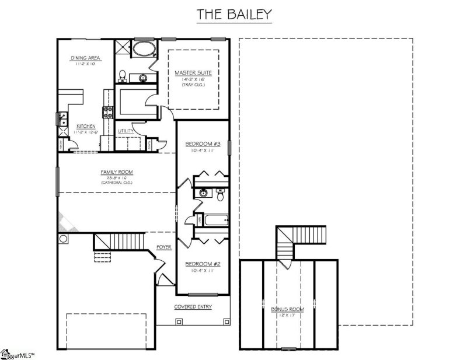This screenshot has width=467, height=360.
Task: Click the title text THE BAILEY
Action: pyautogui.click(x=233, y=15)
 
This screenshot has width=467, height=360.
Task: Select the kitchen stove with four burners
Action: pyautogui.click(x=108, y=111)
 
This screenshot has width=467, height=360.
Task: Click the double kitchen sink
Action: pyautogui.click(x=61, y=118)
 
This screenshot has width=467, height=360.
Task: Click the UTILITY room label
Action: pyautogui.click(x=126, y=131)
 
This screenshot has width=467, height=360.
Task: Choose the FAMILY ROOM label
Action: pyautogui.click(x=117, y=172)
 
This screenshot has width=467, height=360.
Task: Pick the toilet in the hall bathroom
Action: pyautogui.click(x=221, y=196)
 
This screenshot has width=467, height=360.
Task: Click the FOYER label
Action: pyautogui.click(x=164, y=247)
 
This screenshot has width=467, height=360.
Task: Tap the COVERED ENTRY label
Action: pyautogui.click(x=193, y=307)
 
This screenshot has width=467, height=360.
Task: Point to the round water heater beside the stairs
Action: pyautogui.click(x=63, y=239)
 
